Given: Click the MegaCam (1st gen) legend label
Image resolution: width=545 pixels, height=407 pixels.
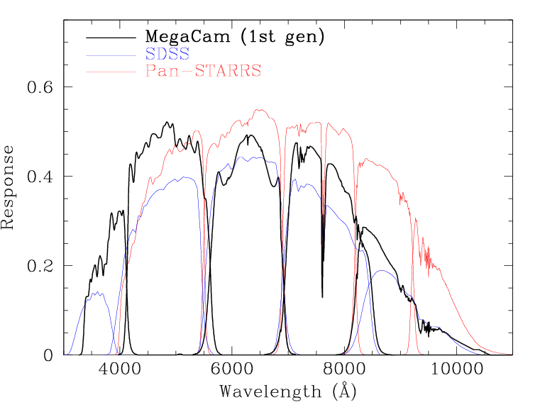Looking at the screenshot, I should pyautogui.click(x=235, y=35).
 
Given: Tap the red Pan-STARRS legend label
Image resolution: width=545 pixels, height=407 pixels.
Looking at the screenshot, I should pyautogui.click(x=202, y=71).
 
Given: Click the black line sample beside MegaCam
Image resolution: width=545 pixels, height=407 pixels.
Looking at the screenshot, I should pyautogui.click(x=110, y=36).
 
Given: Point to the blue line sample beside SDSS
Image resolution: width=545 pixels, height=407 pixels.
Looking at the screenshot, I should pyautogui.click(x=110, y=54).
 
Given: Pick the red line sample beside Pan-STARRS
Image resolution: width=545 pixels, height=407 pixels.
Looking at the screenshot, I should pyautogui.click(x=110, y=72).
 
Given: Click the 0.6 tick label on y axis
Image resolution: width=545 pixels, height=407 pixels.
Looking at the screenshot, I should pyautogui.click(x=40, y=87).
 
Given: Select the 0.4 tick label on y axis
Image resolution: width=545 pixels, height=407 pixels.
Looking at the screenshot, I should pyautogui.click(x=40, y=176).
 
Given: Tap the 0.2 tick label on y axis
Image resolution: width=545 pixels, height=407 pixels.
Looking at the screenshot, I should pyautogui.click(x=40, y=265).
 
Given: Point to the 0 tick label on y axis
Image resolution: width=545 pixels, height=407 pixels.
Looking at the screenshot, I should pyautogui.click(x=48, y=355).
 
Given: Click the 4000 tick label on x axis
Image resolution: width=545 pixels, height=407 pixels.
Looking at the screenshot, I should pyautogui.click(x=120, y=370).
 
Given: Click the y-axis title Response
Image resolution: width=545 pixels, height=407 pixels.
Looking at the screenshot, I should pyautogui.click(x=9, y=187).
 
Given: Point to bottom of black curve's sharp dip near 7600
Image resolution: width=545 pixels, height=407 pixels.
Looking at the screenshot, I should pyautogui.click(x=322, y=296).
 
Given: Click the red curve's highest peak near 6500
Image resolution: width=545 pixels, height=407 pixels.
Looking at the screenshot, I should pyautogui.click(x=260, y=110).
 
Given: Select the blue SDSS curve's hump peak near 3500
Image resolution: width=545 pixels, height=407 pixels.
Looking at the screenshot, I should pyautogui.click(x=94, y=292).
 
